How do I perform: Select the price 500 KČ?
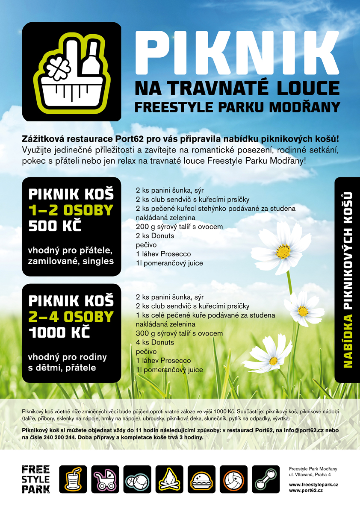point(55,226)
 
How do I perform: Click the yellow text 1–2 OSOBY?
point(71,210)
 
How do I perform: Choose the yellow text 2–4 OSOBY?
point(71,317)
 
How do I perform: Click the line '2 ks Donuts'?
point(155,235)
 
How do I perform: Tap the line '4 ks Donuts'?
point(155,342)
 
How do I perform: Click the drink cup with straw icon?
point(73,480)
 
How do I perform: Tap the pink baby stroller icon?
point(105,480)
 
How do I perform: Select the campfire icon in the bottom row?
point(169,480)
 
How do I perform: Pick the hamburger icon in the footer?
point(201,480)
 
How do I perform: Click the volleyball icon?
point(234,480)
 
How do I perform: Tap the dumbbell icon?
point(266,480)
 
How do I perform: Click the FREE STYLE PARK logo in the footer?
point(35,479)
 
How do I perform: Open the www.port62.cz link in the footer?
point(306,491)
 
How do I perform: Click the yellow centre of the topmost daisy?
point(283,251)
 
